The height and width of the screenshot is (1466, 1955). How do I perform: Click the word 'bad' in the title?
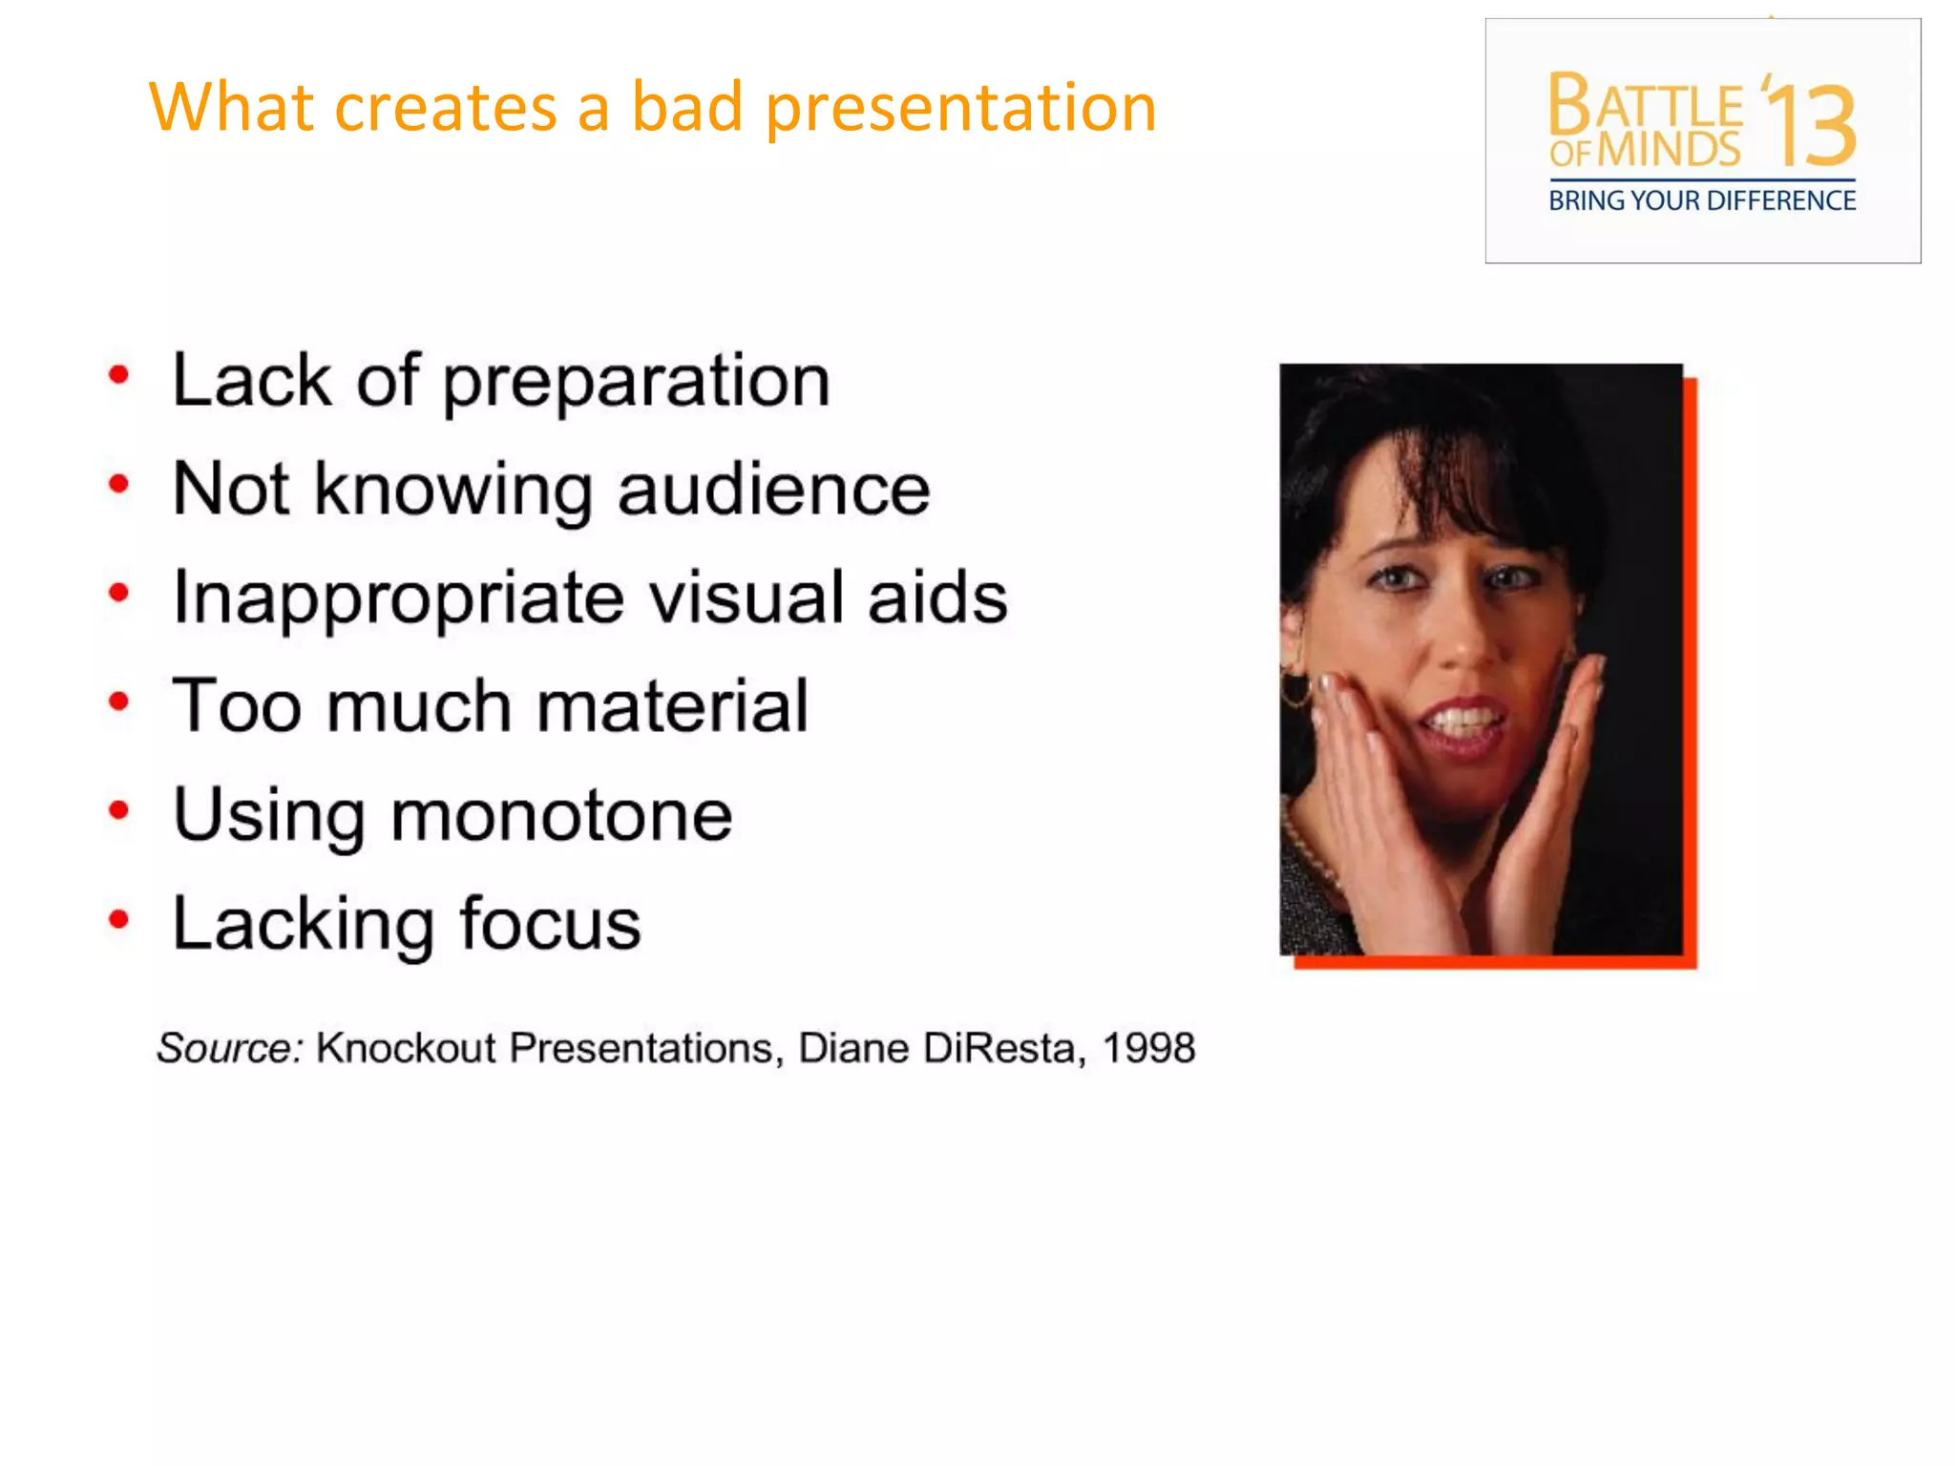(x=686, y=106)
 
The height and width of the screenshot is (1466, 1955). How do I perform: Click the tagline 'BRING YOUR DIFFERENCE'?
(x=1702, y=201)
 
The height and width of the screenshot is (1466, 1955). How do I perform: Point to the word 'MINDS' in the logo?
(x=1669, y=151)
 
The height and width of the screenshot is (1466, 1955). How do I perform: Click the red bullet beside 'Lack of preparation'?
(x=118, y=375)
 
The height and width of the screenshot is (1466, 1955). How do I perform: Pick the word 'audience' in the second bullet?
(x=773, y=490)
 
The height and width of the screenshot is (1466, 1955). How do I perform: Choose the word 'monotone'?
(x=561, y=816)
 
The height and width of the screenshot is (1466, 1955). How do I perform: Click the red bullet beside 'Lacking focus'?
(x=118, y=920)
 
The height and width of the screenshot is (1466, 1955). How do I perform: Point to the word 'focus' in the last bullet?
(x=550, y=924)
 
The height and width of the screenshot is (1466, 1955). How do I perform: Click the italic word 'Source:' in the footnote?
(x=229, y=1048)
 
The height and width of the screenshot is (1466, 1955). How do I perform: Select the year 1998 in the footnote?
(x=1148, y=1048)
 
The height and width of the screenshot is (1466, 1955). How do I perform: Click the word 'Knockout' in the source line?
(x=406, y=1048)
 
